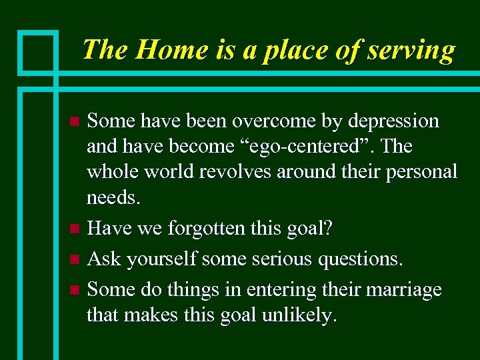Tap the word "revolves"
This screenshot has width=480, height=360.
pyautogui.click(x=231, y=171)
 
